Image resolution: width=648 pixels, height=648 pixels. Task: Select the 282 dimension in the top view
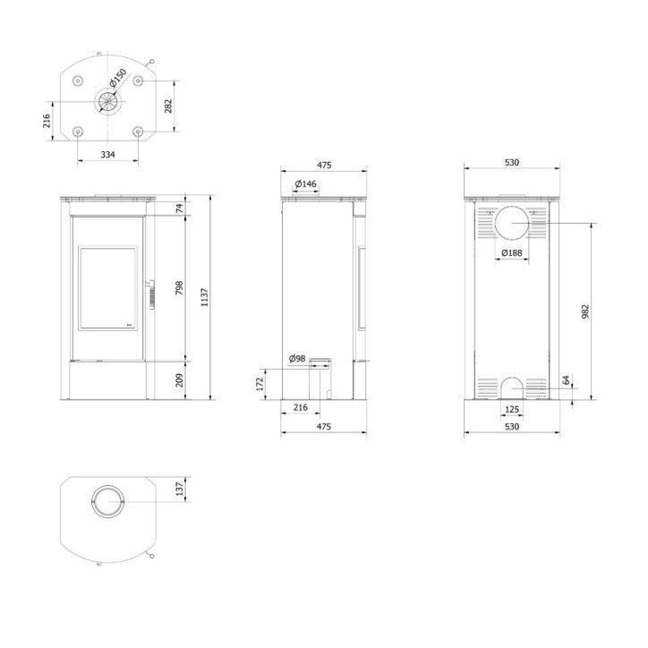coord(169,107)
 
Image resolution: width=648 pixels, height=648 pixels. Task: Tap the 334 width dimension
coord(107,155)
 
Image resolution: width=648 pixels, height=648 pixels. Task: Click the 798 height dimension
coord(179,288)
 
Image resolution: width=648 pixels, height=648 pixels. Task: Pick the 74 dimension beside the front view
coord(179,208)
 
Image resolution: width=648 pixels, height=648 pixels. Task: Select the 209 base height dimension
coord(179,379)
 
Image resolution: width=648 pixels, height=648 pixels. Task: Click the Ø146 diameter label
coord(306,184)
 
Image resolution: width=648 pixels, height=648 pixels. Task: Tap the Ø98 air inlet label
coord(297,359)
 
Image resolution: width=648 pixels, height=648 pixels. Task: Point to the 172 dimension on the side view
coord(260,383)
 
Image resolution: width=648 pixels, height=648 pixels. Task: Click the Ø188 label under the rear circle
coord(512,253)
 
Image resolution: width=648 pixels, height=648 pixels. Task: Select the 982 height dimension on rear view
coord(585,311)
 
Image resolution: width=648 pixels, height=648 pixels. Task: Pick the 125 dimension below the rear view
coord(512,409)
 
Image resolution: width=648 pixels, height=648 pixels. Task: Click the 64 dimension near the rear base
coord(567,380)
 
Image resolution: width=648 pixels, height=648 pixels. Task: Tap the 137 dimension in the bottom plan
coord(179,490)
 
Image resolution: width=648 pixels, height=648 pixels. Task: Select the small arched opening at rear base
coord(512,387)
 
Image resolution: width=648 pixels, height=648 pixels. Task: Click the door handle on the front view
coord(150,292)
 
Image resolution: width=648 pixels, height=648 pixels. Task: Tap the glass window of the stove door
coord(107,288)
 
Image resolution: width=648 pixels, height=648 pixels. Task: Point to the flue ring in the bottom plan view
coord(107,502)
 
